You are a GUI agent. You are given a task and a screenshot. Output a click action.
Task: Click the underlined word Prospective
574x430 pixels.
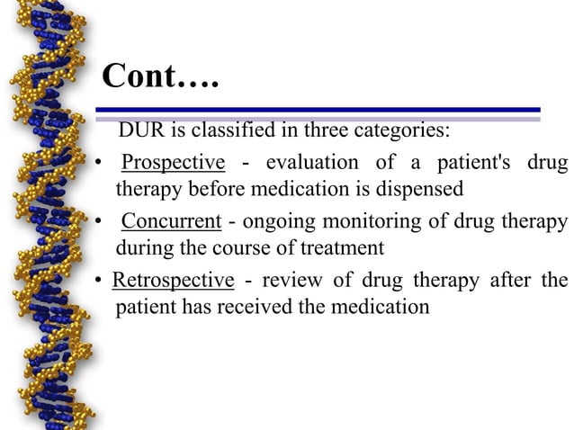coord(173,163)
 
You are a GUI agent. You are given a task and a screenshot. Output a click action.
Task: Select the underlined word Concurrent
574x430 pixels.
coord(171,221)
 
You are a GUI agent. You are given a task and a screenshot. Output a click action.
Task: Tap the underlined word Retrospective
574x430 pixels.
coord(173,280)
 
